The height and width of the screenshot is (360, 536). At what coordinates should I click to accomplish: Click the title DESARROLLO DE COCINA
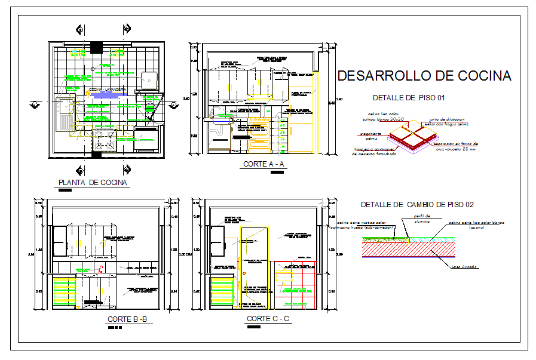(424, 76)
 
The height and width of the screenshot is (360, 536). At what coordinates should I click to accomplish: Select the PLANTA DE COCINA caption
(93, 183)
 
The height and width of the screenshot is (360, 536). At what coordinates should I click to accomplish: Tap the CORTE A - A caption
(264, 164)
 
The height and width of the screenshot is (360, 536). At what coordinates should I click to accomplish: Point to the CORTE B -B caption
(129, 319)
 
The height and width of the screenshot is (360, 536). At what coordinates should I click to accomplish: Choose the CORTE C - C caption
(268, 319)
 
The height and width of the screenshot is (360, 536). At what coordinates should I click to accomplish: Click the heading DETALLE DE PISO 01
(408, 97)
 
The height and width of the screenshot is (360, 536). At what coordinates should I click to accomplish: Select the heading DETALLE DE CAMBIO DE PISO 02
(417, 205)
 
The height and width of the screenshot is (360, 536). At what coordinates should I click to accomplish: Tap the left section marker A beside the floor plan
(35, 104)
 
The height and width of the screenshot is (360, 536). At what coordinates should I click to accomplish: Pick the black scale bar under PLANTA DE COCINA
(65, 191)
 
